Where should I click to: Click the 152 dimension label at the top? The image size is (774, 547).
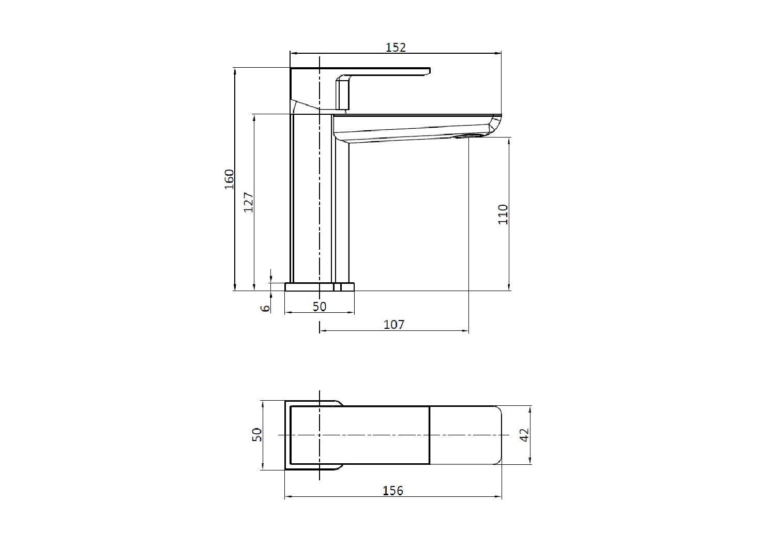[x=396, y=47]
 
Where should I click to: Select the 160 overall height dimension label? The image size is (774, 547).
[x=229, y=179]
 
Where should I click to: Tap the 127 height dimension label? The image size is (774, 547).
[x=248, y=202]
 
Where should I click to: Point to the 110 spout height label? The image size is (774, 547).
[x=503, y=214]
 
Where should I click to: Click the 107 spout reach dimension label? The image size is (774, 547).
[x=394, y=324]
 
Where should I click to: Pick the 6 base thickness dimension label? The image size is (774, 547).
[x=265, y=308]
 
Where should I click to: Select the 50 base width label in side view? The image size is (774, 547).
[x=320, y=306]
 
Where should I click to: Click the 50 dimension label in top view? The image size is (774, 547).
[x=257, y=435]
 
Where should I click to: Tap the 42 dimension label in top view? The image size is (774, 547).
[x=524, y=435]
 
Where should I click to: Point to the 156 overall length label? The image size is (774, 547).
[x=393, y=490]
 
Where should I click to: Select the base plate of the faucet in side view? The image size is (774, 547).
[x=320, y=286]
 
